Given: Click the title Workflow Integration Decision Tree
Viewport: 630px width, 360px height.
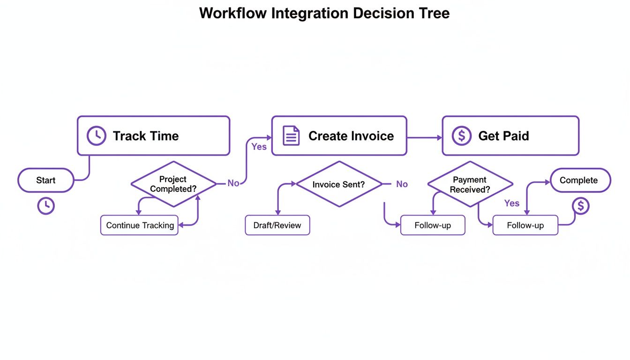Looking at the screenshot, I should (324, 13).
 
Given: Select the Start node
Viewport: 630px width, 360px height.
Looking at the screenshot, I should (46, 180).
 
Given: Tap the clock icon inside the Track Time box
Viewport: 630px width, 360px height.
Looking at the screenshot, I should (97, 136).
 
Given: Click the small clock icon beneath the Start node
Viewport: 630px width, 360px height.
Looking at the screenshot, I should (46, 206).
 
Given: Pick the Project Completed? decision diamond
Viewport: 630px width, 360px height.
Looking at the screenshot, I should (173, 184).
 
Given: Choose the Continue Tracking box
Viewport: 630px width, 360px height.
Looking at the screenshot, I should (140, 225).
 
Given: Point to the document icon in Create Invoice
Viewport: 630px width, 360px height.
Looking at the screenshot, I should (291, 136).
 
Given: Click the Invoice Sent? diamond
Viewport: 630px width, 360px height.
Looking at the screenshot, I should (339, 184).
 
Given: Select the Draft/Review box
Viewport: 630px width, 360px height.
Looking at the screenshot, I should (277, 225).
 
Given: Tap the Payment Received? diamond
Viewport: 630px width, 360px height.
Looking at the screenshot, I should (470, 184).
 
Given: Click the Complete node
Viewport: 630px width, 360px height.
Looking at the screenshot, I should (580, 180).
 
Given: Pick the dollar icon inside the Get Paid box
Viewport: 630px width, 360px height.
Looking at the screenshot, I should (461, 136).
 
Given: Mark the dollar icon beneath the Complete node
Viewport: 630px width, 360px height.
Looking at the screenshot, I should (581, 206).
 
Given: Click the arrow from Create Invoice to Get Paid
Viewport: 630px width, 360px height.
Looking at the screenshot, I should (424, 138).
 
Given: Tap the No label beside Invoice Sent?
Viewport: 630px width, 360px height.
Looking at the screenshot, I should (402, 184).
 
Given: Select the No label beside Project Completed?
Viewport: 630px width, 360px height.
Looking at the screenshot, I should (233, 183).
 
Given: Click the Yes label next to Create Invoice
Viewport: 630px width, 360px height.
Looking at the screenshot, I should (259, 147).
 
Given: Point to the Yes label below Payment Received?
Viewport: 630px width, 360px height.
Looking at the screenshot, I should (511, 203).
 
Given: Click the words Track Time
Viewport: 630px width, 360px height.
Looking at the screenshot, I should (146, 136).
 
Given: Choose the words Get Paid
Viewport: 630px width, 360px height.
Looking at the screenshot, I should (503, 136).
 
